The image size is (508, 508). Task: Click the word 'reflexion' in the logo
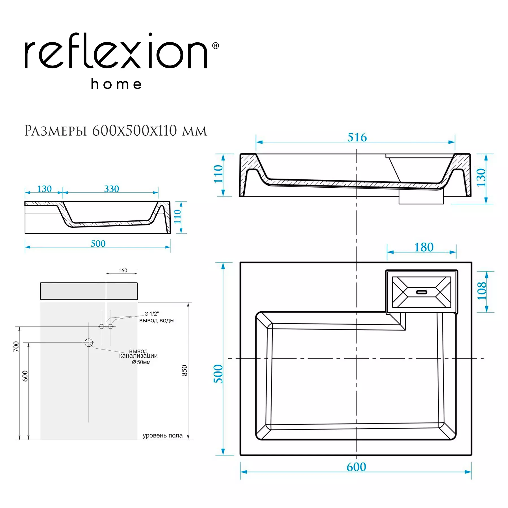(x=116, y=51)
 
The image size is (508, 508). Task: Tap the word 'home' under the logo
(x=116, y=84)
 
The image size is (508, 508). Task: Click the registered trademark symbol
(x=215, y=46)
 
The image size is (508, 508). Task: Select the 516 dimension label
(x=357, y=137)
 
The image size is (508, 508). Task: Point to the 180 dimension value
(x=424, y=247)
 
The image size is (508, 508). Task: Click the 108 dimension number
(x=482, y=291)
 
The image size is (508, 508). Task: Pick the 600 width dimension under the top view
(x=356, y=467)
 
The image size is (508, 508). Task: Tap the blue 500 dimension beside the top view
(x=218, y=374)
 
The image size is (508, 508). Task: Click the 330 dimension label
(x=112, y=189)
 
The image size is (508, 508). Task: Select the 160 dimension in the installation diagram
(x=123, y=270)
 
